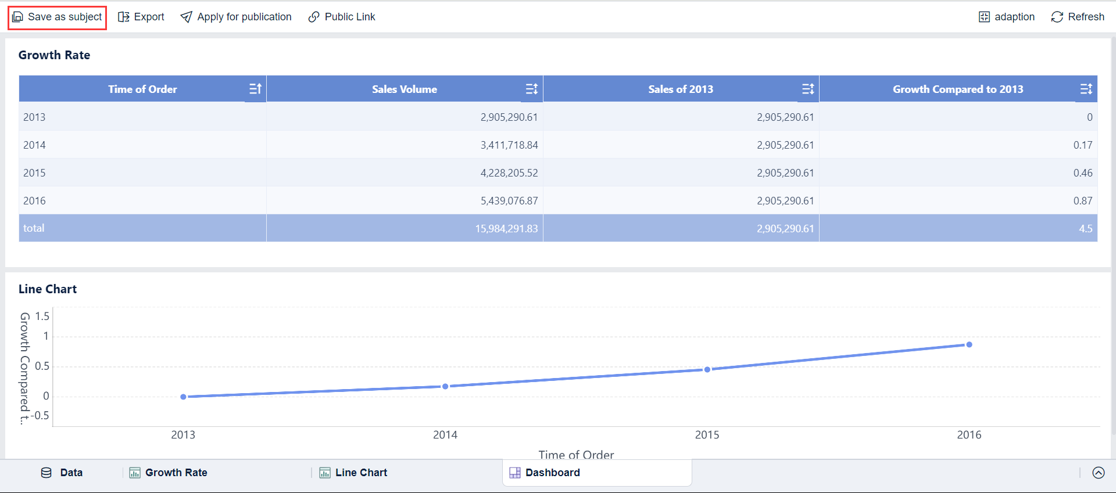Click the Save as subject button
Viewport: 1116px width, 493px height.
(x=57, y=17)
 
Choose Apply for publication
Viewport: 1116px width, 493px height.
(x=236, y=17)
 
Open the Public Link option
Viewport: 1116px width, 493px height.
(x=342, y=17)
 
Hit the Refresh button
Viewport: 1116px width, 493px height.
(x=1078, y=17)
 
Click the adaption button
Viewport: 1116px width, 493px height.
(x=1007, y=17)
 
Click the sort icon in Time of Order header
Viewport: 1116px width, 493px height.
(x=255, y=89)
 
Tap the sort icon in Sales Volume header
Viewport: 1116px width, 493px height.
(x=531, y=89)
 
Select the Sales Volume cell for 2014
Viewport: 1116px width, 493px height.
(x=509, y=145)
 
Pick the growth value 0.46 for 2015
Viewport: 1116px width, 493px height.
(x=1082, y=173)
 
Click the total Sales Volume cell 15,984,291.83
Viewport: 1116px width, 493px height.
(x=506, y=229)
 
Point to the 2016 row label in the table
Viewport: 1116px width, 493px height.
(x=34, y=201)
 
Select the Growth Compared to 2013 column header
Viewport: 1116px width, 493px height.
(x=957, y=89)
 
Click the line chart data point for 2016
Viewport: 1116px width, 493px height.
(x=969, y=345)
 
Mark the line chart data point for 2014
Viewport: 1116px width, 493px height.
(x=445, y=386)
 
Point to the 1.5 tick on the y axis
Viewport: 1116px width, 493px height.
(x=42, y=316)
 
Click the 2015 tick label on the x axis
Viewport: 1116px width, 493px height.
(x=707, y=435)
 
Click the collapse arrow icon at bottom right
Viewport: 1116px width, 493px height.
(x=1098, y=473)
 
